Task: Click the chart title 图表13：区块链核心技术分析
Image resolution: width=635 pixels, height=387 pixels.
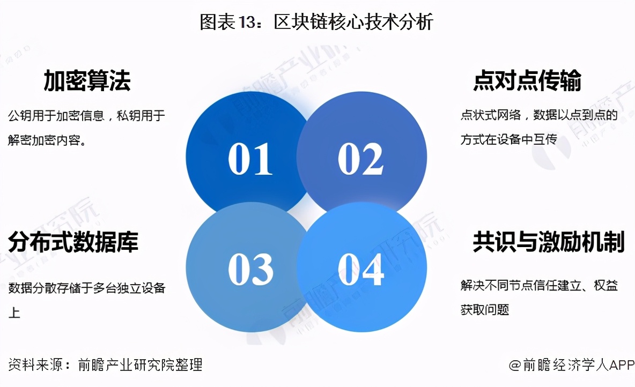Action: [x=316, y=22]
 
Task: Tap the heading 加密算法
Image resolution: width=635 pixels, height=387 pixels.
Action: [x=87, y=80]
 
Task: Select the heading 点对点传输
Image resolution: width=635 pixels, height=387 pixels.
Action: [x=527, y=80]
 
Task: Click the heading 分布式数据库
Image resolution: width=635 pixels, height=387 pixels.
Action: [x=73, y=242]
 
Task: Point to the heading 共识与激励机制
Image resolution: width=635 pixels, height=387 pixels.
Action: [x=549, y=242]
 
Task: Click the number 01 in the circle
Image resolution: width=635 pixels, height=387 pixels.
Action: [x=250, y=159]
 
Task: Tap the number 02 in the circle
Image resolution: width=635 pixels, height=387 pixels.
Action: [x=360, y=159]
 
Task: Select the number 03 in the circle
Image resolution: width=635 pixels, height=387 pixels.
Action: [x=250, y=269]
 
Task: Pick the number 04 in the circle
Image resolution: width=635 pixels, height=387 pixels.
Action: [x=361, y=269]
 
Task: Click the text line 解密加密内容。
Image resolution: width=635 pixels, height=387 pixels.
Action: [x=47, y=140]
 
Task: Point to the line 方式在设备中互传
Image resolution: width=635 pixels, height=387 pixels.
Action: [x=508, y=139]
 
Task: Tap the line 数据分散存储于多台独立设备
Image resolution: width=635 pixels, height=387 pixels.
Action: [x=87, y=288]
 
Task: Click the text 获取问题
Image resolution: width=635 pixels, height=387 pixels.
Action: [x=485, y=310]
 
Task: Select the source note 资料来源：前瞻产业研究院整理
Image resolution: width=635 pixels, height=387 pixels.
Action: [x=105, y=364]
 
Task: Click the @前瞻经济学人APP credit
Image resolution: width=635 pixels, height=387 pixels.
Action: [x=571, y=364]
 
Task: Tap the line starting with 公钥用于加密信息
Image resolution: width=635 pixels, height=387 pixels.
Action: [x=87, y=116]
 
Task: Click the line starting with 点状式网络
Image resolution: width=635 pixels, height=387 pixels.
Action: [x=539, y=115]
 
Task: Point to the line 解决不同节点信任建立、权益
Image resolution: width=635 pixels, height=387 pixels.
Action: [x=539, y=285]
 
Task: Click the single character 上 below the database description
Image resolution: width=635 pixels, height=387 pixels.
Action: [x=14, y=312]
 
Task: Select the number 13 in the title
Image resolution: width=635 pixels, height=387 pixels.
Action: [x=247, y=23]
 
